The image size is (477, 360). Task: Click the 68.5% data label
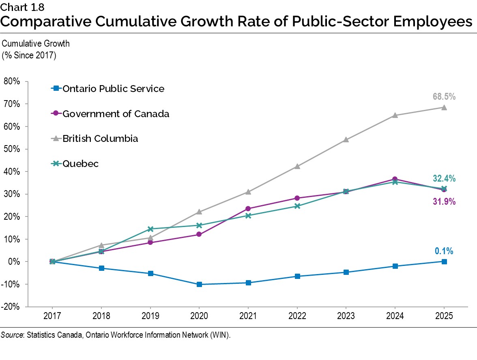click(x=444, y=97)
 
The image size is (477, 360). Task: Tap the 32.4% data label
click(x=444, y=178)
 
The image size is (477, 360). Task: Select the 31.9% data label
click(x=444, y=201)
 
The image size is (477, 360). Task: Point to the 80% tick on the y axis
click(x=13, y=81)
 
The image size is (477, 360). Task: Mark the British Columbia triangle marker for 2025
click(x=444, y=107)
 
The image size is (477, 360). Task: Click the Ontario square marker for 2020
click(x=199, y=285)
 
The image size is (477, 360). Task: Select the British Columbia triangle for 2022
click(x=297, y=166)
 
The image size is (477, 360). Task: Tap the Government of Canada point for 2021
click(x=248, y=209)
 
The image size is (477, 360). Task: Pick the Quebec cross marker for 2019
click(x=150, y=229)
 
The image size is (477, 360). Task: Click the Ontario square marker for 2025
click(x=444, y=261)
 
